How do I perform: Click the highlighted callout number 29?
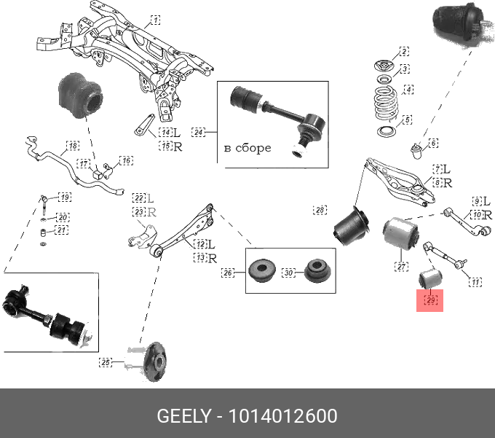[429, 300]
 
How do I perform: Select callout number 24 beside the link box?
[199, 132]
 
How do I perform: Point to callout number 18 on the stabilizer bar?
[72, 146]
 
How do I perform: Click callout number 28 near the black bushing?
[320, 210]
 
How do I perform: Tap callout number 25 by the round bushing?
[106, 361]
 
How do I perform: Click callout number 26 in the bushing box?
[229, 273]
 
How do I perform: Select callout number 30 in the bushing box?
[288, 273]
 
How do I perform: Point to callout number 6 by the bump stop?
[433, 143]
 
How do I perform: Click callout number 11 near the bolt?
[475, 281]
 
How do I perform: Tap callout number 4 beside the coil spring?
[408, 90]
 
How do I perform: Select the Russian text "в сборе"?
[247, 148]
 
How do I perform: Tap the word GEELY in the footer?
[183, 416]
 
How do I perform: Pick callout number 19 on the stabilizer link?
[65, 198]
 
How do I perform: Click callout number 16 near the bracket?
[126, 160]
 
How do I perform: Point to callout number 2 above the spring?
[403, 52]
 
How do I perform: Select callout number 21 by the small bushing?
[62, 230]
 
